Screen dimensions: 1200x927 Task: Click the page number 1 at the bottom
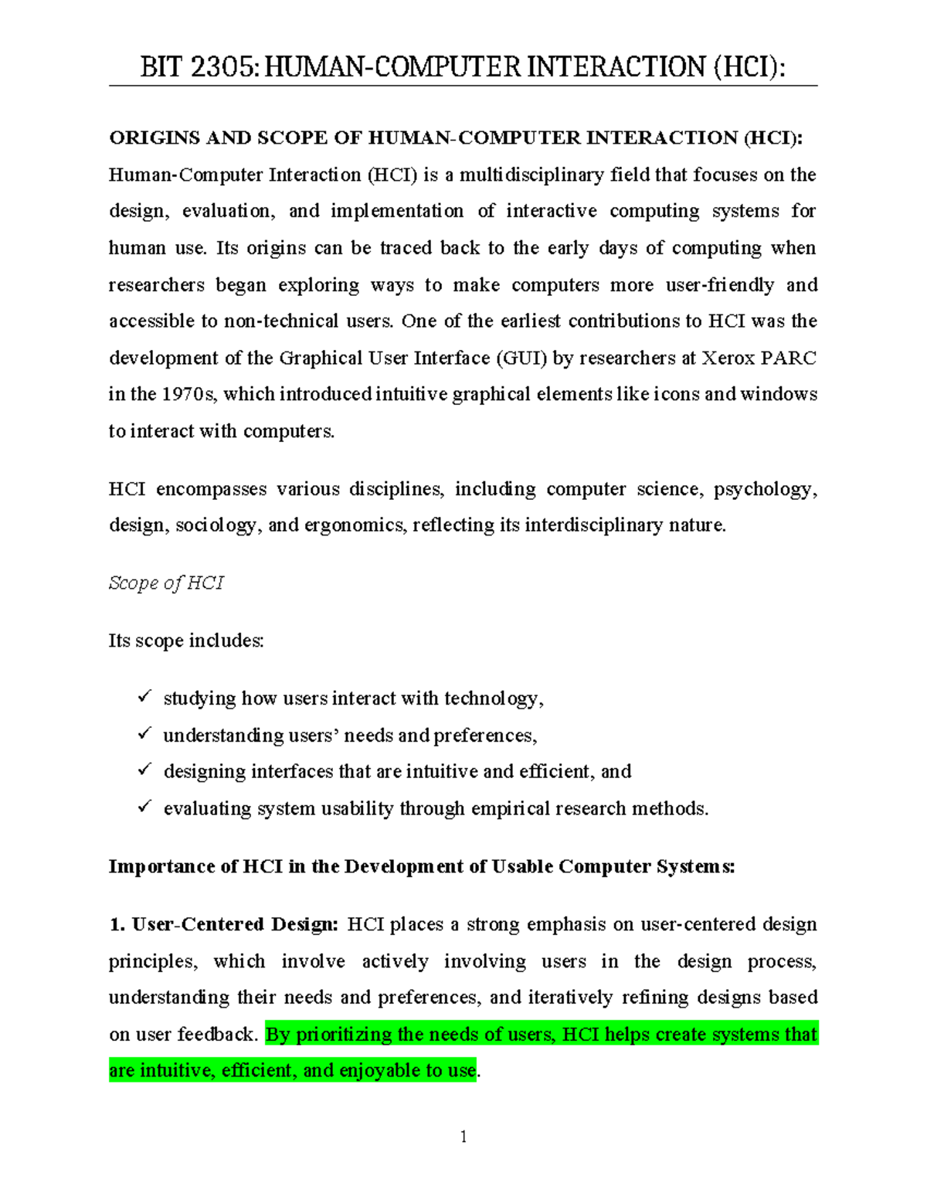463,1136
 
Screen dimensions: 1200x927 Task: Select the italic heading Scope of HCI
166,583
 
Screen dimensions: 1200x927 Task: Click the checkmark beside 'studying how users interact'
144,697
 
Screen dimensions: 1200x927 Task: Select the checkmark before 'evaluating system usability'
144,807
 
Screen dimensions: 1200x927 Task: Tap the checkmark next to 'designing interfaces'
144,770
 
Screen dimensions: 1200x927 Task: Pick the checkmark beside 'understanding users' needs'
144,734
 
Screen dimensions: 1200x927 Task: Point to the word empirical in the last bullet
510,809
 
